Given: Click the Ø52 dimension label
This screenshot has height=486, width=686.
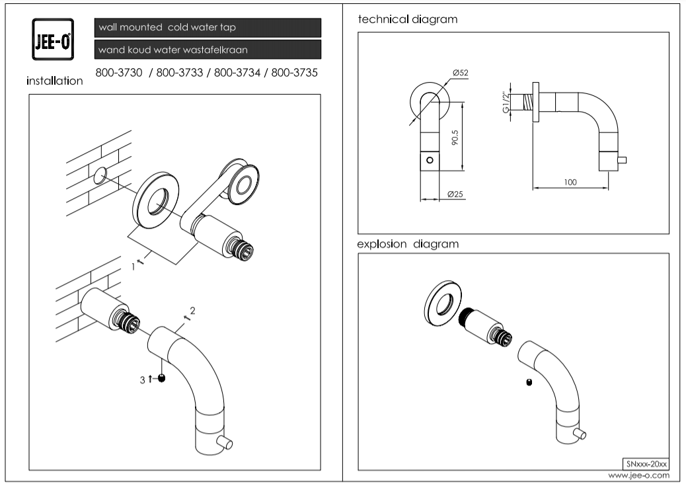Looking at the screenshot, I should click(x=461, y=72).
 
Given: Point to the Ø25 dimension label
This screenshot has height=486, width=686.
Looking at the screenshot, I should click(x=454, y=194).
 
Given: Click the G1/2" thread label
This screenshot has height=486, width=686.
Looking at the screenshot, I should click(x=506, y=102).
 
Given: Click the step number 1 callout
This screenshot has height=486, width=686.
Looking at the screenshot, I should click(x=133, y=266).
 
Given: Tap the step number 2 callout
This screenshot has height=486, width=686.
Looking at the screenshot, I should click(x=192, y=309).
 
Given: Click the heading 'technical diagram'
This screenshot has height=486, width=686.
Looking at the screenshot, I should click(x=407, y=19).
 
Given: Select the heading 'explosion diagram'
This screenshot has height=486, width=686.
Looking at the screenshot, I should click(x=408, y=244).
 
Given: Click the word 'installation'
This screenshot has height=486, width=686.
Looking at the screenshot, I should click(x=55, y=81).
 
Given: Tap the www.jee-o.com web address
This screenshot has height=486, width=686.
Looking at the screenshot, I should click(x=638, y=475).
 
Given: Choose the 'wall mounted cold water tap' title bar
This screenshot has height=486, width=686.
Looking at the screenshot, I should click(x=208, y=28).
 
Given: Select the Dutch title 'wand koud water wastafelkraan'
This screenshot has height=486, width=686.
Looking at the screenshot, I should click(x=208, y=50).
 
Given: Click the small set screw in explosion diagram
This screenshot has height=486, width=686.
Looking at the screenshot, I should click(x=529, y=382).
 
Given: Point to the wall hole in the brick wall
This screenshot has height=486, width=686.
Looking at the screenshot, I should click(x=100, y=175).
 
